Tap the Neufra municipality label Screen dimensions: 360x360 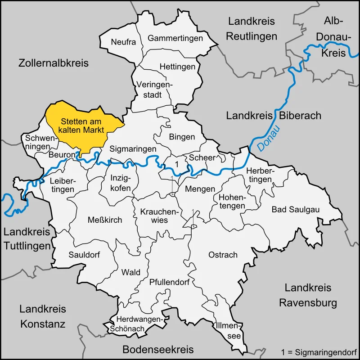pyautogui.click(x=123, y=42)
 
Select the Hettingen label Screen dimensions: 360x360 pyautogui.click(x=178, y=67)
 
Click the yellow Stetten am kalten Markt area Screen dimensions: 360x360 pyautogui.click(x=83, y=126)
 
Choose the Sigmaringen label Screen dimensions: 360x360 pyautogui.click(x=133, y=148)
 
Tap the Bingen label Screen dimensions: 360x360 pyautogui.click(x=182, y=137)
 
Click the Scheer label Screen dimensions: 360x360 pyautogui.click(x=202, y=157)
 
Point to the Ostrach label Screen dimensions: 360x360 pyautogui.click(x=223, y=255)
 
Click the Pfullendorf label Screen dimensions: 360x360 pyautogui.click(x=169, y=283)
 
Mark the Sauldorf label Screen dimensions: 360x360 pyautogui.click(x=84, y=255)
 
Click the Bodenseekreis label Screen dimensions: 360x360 pyautogui.click(x=158, y=349)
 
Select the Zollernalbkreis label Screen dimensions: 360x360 pyautogui.click(x=54, y=63)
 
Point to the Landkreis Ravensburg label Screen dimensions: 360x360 pyautogui.click(x=308, y=295)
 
